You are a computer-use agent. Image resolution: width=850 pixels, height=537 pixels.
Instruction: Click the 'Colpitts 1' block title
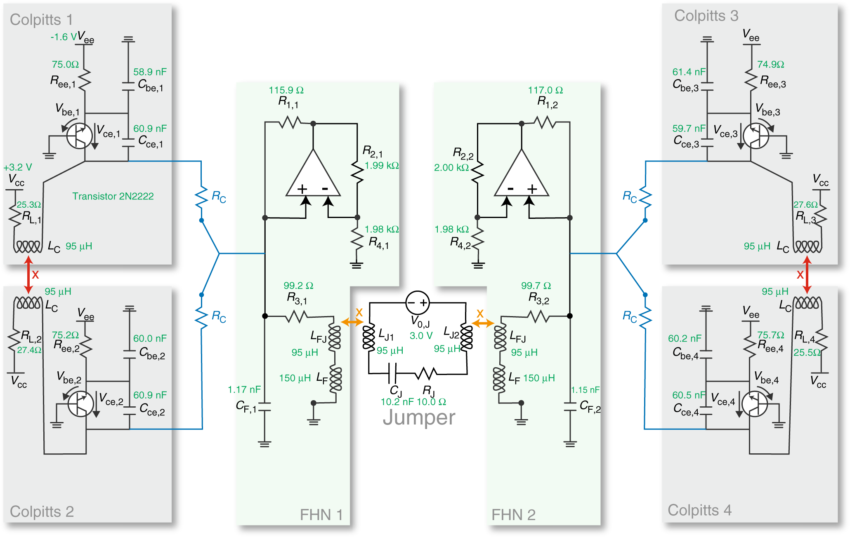[x=41, y=20]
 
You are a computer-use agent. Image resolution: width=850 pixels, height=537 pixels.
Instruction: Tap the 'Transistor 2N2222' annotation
[x=113, y=196]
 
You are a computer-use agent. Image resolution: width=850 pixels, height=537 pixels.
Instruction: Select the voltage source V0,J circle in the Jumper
[x=418, y=303]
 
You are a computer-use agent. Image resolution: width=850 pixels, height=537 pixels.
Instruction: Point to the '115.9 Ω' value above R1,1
[x=286, y=90]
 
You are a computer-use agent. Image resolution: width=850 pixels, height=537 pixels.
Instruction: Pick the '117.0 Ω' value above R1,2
[x=545, y=90]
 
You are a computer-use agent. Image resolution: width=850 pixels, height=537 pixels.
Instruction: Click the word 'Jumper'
[x=419, y=417]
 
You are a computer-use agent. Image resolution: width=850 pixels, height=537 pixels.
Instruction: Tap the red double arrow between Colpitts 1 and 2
[x=28, y=274]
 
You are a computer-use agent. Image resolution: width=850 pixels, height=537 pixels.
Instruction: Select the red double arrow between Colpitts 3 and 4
[x=807, y=274]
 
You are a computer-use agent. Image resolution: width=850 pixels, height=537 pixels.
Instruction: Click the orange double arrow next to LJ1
[x=352, y=322]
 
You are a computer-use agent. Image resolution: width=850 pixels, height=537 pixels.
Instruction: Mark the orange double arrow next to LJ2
[x=483, y=323]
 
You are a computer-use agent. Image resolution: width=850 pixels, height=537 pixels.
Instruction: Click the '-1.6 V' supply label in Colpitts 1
[x=63, y=37]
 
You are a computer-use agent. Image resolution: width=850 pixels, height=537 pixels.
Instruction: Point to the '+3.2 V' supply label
[x=18, y=167]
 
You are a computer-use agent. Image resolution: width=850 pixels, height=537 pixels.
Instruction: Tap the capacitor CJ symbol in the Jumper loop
[x=393, y=373]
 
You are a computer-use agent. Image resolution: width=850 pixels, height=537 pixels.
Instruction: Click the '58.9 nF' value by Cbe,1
[x=150, y=72]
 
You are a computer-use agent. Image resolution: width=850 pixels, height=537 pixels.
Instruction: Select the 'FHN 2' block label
[x=513, y=515]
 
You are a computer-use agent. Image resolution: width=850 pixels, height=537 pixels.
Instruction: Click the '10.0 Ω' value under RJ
[x=431, y=402]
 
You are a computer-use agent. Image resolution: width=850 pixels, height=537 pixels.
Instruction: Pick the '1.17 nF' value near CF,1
[x=244, y=389]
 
